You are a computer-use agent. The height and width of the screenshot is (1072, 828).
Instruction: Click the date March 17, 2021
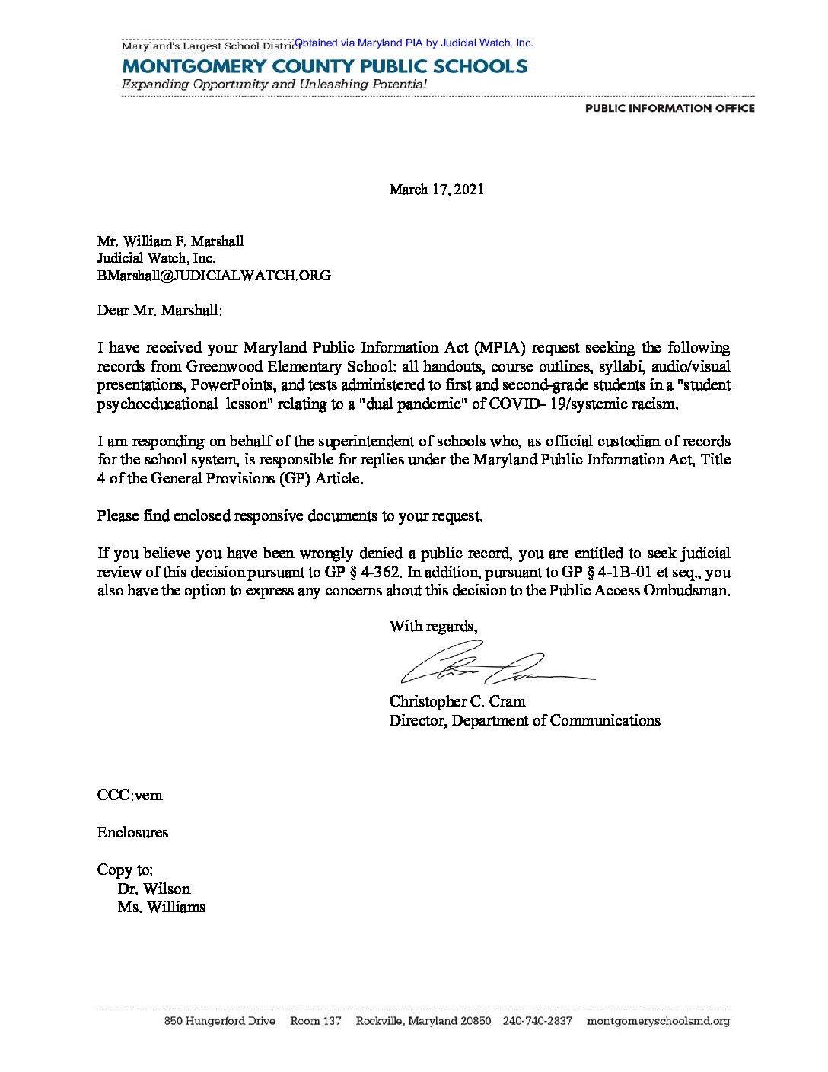coord(436,190)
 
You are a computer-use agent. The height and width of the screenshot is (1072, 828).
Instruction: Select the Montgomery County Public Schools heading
coord(324,66)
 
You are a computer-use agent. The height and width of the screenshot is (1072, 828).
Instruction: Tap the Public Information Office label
coord(670,108)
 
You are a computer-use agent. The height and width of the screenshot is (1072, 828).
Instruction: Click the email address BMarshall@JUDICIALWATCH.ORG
coord(214,276)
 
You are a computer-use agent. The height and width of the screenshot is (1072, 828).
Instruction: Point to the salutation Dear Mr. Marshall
coord(160,311)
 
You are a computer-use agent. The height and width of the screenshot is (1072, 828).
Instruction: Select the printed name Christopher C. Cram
coord(457,701)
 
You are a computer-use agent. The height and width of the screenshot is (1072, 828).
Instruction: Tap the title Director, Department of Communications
coord(524,720)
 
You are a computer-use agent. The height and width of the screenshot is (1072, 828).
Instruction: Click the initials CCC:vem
coord(129,795)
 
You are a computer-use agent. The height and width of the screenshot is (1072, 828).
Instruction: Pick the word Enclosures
coord(132,832)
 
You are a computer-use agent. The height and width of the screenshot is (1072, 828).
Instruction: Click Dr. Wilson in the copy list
coord(154,889)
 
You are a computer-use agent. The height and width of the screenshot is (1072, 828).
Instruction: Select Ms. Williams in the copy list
coord(161,908)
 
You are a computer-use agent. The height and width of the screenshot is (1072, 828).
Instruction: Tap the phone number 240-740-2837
coord(537,1021)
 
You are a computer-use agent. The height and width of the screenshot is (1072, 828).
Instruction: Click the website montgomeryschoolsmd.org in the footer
coord(658,1021)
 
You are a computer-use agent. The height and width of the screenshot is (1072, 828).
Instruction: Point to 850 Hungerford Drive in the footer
coord(220,1021)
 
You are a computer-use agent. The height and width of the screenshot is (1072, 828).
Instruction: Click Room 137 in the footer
coord(316,1021)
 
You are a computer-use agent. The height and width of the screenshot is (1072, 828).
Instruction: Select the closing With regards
coord(433,627)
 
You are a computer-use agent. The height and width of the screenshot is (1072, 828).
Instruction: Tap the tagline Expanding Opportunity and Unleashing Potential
coord(274,85)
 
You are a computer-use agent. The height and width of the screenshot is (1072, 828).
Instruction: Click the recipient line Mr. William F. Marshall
coord(170,241)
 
